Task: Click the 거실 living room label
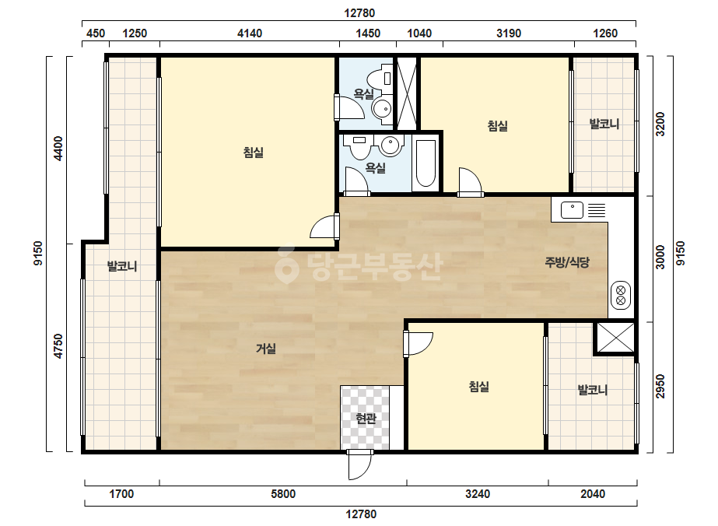pyautogui.click(x=265, y=349)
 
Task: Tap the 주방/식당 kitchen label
pyautogui.click(x=567, y=262)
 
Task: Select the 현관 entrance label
pyautogui.click(x=366, y=418)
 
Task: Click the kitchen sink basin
pyautogui.click(x=572, y=210)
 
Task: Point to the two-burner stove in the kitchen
pyautogui.click(x=621, y=295)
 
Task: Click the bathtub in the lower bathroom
pyautogui.click(x=426, y=163)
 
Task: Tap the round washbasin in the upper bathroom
pyautogui.click(x=381, y=110)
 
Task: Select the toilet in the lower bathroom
pyautogui.click(x=359, y=146)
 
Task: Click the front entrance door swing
pyautogui.click(x=359, y=465)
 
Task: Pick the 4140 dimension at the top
pyautogui.click(x=250, y=33)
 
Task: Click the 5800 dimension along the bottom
pyautogui.click(x=283, y=494)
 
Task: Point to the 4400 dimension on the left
pyautogui.click(x=58, y=149)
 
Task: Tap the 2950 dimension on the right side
pyautogui.click(x=660, y=386)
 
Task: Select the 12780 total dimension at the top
pyautogui.click(x=359, y=12)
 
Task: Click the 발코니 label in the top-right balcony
pyautogui.click(x=604, y=124)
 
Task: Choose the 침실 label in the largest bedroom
pyautogui.click(x=254, y=152)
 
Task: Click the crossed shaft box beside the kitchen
pyautogui.click(x=615, y=338)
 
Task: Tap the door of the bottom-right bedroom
pyautogui.click(x=418, y=344)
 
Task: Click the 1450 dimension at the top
pyautogui.click(x=368, y=33)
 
